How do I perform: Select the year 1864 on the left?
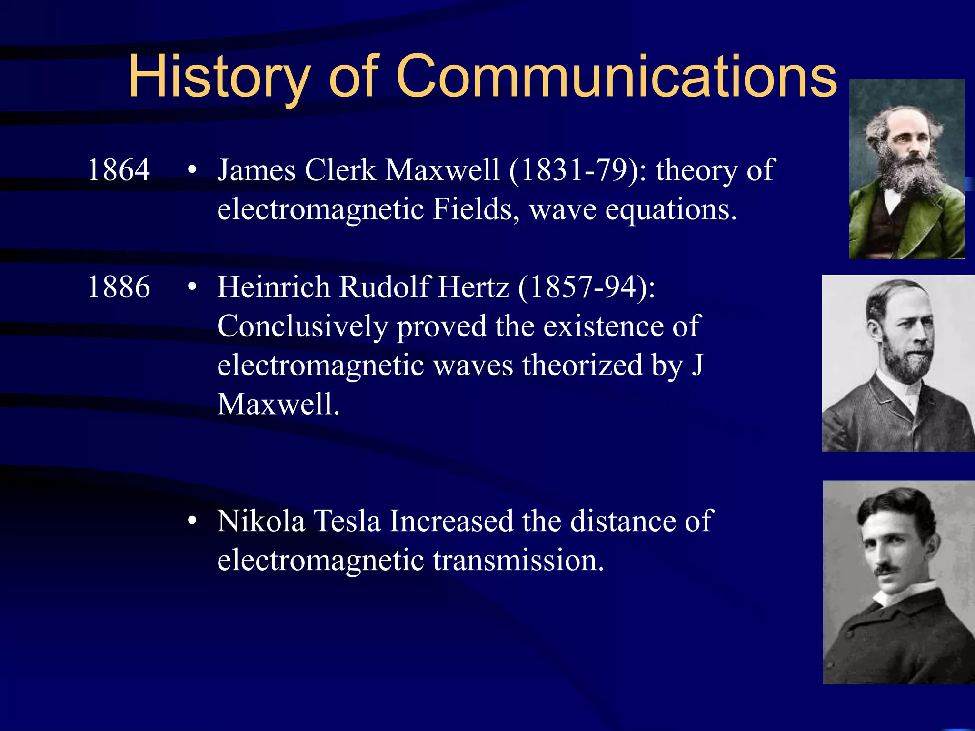119,170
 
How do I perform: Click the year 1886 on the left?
119,287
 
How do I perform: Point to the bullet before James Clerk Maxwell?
192,170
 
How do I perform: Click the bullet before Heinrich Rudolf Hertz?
192,287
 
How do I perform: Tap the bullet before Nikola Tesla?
192,521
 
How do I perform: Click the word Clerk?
340,170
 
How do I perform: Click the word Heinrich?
273,287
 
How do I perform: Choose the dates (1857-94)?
586,287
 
